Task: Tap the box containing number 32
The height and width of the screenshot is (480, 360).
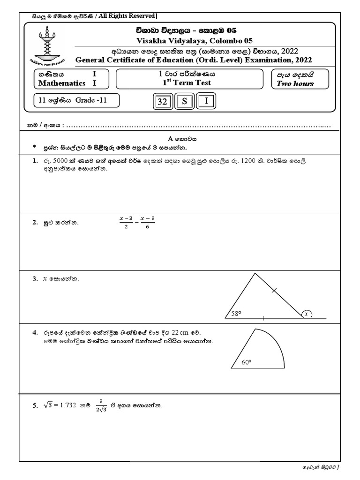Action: pyautogui.click(x=162, y=102)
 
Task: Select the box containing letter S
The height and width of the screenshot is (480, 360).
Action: pyautogui.click(x=184, y=102)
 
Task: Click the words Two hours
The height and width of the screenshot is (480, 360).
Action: pyautogui.click(x=295, y=84)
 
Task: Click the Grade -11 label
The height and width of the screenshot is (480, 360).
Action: pyautogui.click(x=92, y=100)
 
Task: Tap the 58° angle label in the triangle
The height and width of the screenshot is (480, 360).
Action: pyautogui.click(x=236, y=314)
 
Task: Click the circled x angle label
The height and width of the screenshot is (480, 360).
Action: pyautogui.click(x=307, y=314)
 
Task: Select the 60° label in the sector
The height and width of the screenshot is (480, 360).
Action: pyautogui.click(x=247, y=362)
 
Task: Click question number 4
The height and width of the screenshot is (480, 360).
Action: pyautogui.click(x=35, y=332)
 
